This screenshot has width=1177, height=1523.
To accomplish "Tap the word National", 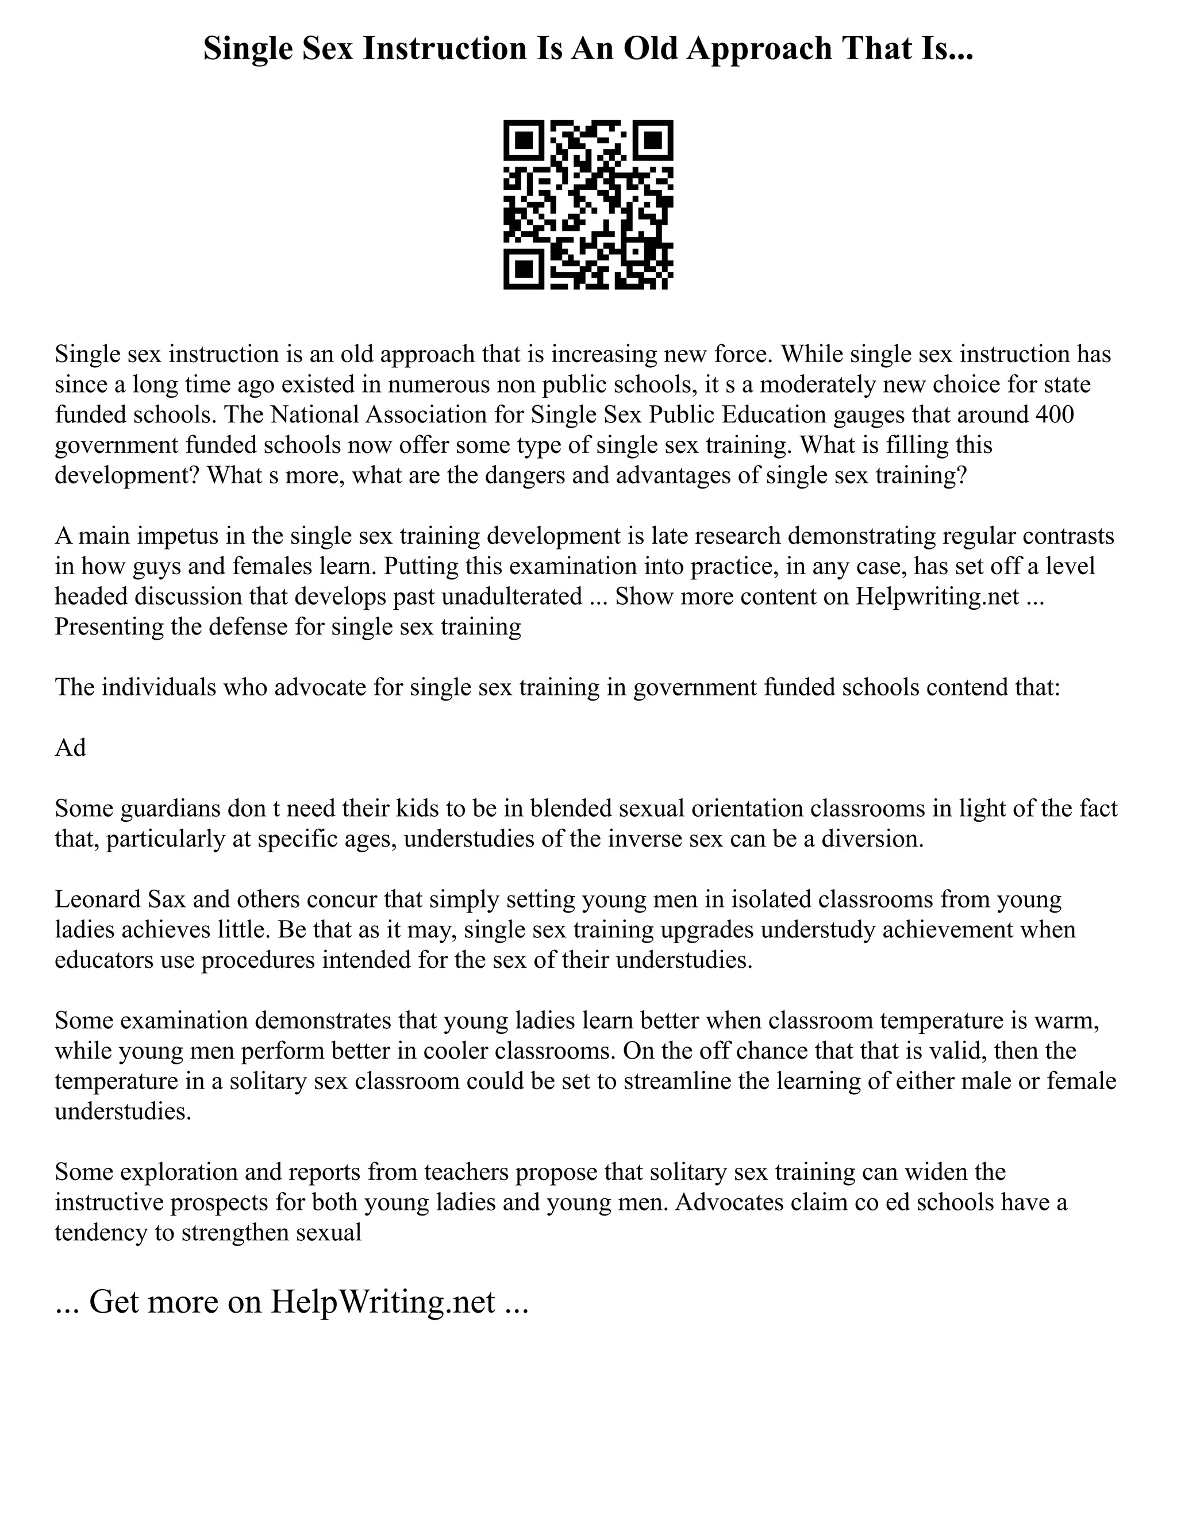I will (317, 414).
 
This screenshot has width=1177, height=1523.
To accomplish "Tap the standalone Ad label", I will (71, 748).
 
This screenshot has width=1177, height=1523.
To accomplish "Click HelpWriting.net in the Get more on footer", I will (382, 1301).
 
